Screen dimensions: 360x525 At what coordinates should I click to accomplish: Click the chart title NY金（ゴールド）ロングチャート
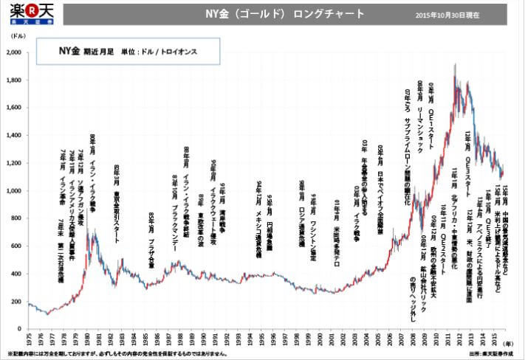(x=284, y=14)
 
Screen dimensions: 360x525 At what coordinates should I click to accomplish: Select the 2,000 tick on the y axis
(x=13, y=53)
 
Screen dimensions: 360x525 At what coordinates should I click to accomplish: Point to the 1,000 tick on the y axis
(x=13, y=191)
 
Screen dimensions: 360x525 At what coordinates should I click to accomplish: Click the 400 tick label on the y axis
(x=16, y=274)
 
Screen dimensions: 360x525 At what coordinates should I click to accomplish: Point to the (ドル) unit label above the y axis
(x=16, y=35)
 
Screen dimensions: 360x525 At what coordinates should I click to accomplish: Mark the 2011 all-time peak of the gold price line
(x=453, y=64)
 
